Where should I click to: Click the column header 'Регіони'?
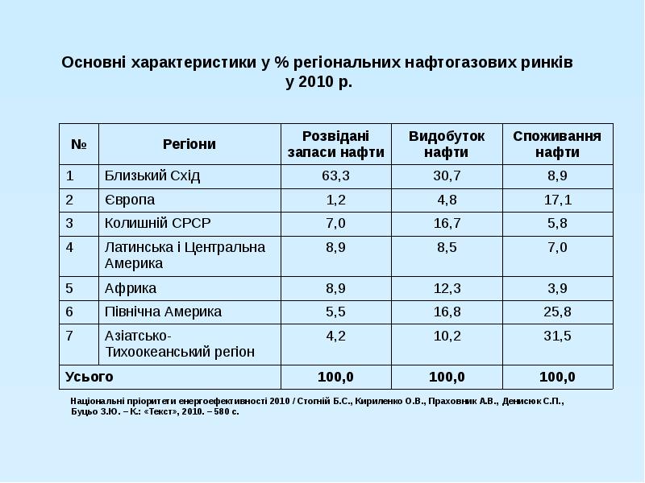pos(189,144)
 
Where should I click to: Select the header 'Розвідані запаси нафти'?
pos(335,144)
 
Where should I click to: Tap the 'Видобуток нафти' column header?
pos(447,144)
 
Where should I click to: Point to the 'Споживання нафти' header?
pos(557,144)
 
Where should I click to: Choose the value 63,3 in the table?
pos(335,175)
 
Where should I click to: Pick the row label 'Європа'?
pos(130,200)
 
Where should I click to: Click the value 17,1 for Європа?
pos(557,200)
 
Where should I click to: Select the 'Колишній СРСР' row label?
pos(158,223)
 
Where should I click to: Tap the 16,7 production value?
pos(447,223)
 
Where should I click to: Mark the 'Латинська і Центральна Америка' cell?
pos(185,254)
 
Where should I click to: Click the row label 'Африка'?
pos(131,287)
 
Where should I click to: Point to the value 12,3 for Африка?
pos(447,287)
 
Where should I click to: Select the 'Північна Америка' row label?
pos(163,312)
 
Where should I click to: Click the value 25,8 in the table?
pos(557,312)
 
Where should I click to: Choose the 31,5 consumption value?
pos(557,336)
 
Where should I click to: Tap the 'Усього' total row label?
pos(89,376)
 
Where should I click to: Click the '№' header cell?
pos(79,144)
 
